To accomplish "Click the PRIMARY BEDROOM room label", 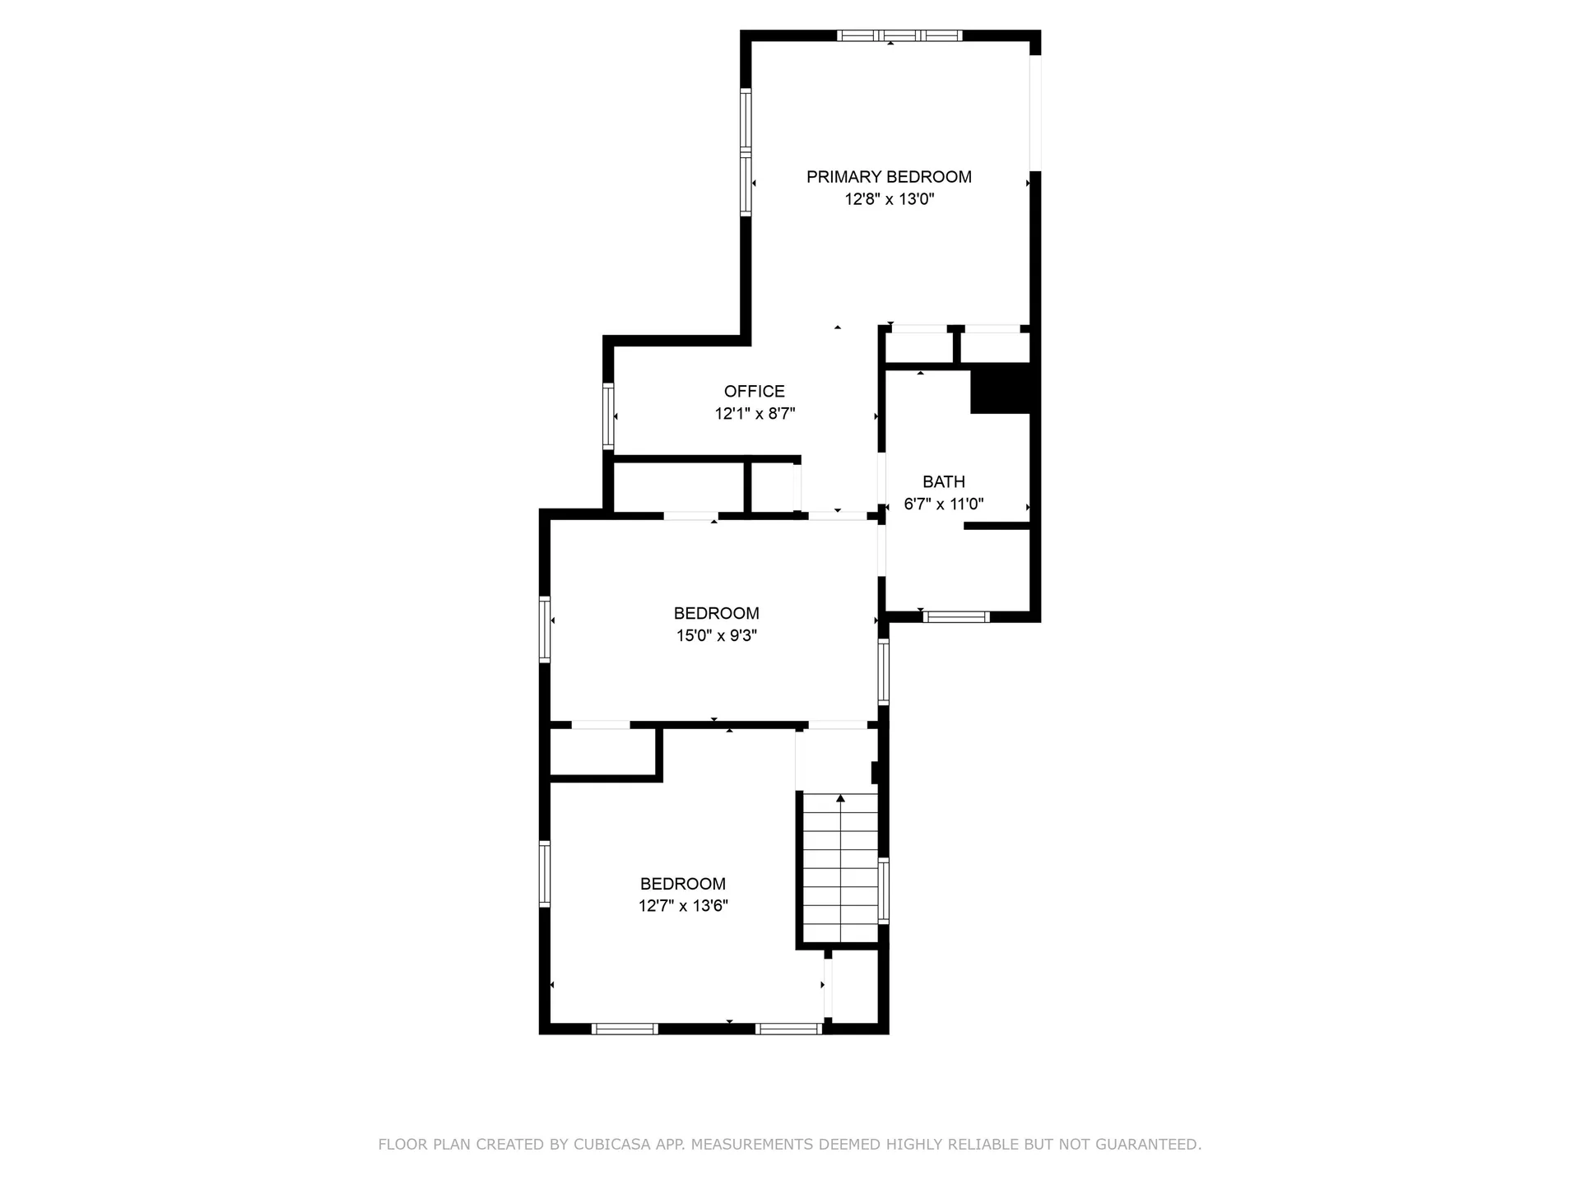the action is (x=889, y=177).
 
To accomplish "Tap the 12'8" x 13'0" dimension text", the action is (x=890, y=199).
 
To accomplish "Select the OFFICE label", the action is (x=755, y=392).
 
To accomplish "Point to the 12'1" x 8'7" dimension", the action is (x=755, y=414).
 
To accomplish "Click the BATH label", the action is (x=944, y=482).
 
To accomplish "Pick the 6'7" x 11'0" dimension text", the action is (x=944, y=504).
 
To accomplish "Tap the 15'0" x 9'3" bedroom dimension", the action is (x=717, y=635).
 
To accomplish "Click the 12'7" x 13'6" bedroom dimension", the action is (x=683, y=906).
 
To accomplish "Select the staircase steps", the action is (x=840, y=868).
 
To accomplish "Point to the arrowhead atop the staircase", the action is (x=840, y=798).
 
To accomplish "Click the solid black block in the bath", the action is (x=1001, y=388).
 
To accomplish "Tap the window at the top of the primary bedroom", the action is (x=899, y=35).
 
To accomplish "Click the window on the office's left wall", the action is (x=608, y=416).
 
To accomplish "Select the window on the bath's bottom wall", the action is (x=955, y=616).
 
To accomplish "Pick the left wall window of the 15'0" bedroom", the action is (x=545, y=629).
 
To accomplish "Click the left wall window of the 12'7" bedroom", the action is (x=545, y=873).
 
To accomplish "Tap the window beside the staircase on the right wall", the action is (x=884, y=890).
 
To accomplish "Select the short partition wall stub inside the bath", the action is (x=997, y=525).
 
